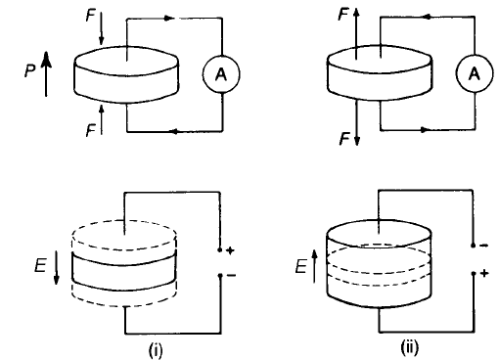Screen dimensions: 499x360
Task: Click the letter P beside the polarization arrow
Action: tap(30, 69)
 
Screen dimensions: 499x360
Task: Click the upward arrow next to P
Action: tap(46, 74)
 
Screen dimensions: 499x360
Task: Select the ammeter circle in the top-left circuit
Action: tap(221, 74)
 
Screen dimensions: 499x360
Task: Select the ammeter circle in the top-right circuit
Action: tap(475, 73)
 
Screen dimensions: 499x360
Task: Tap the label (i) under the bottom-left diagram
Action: tap(156, 350)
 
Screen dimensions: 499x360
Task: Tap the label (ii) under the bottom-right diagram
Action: tap(409, 348)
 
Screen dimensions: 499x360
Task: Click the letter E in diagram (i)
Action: tap(40, 265)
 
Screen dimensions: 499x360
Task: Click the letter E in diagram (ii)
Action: tap(301, 266)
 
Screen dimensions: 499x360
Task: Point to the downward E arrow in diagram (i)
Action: tap(57, 267)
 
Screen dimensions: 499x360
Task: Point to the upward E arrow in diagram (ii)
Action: tap(314, 266)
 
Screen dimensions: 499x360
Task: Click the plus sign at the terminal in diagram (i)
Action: tap(230, 250)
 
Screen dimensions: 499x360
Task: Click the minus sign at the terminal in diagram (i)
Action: tap(231, 276)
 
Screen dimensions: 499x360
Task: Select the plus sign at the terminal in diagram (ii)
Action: tap(484, 273)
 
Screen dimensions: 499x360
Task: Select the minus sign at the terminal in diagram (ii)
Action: tap(484, 246)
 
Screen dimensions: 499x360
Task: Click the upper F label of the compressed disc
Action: tap(90, 16)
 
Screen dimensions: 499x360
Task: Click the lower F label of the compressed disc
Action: tap(90, 131)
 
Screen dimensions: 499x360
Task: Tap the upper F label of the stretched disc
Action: tap(344, 15)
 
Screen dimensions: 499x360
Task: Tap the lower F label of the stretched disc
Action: tap(345, 139)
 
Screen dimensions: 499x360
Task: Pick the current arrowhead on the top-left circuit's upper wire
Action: tap(168, 19)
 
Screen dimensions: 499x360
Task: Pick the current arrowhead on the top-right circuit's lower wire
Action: tap(423, 130)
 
